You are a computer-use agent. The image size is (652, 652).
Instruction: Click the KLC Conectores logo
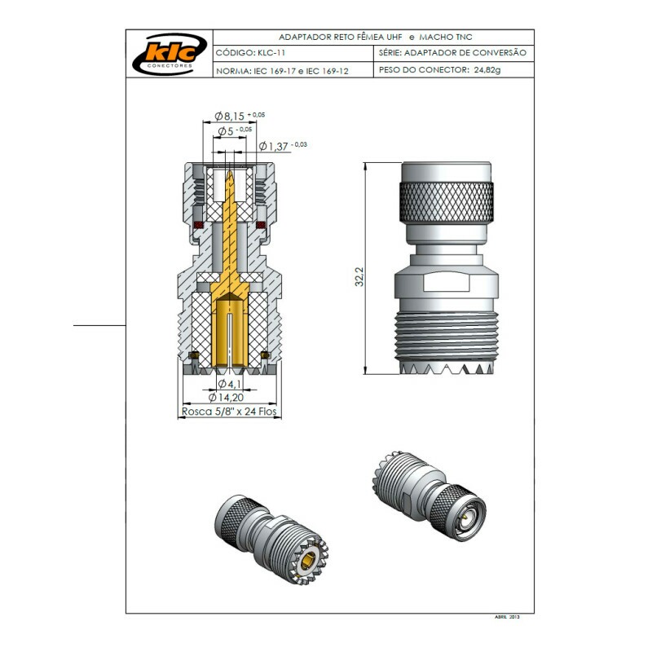tap(169, 54)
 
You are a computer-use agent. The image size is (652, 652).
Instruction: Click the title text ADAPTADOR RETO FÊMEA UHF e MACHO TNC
tap(375, 37)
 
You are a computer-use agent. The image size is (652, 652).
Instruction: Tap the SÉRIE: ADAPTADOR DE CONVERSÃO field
tap(453, 53)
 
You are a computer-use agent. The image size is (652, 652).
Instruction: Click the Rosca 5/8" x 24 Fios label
tap(229, 412)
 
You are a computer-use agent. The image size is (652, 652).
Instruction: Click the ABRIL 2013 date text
tap(509, 617)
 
